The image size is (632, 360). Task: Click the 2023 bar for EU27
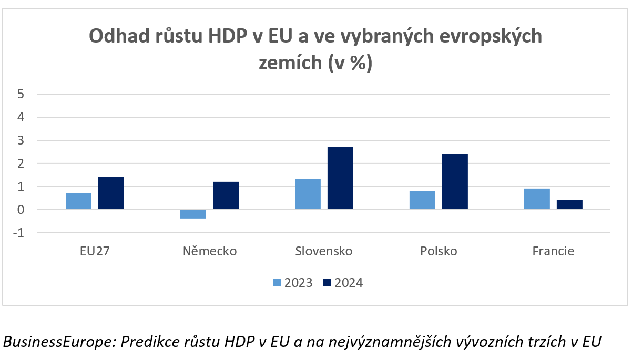tap(78, 201)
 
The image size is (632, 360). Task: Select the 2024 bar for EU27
tap(111, 193)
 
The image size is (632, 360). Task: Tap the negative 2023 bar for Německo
tap(193, 214)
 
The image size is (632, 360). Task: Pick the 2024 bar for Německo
tap(226, 196)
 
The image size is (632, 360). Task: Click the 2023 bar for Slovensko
tap(308, 194)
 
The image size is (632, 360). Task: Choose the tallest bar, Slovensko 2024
tap(340, 178)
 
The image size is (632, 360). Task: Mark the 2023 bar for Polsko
tap(422, 200)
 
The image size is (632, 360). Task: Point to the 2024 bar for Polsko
tap(455, 182)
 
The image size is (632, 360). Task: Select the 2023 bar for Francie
tap(537, 199)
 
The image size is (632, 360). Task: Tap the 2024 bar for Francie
tap(569, 205)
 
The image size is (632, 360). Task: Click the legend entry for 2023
tap(292, 283)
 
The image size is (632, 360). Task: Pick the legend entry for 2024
tap(343, 283)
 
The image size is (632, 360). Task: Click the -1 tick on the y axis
tap(19, 233)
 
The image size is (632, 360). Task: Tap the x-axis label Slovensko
tap(324, 251)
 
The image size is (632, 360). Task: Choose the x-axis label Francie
tap(553, 251)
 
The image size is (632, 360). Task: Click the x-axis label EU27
tap(95, 251)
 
